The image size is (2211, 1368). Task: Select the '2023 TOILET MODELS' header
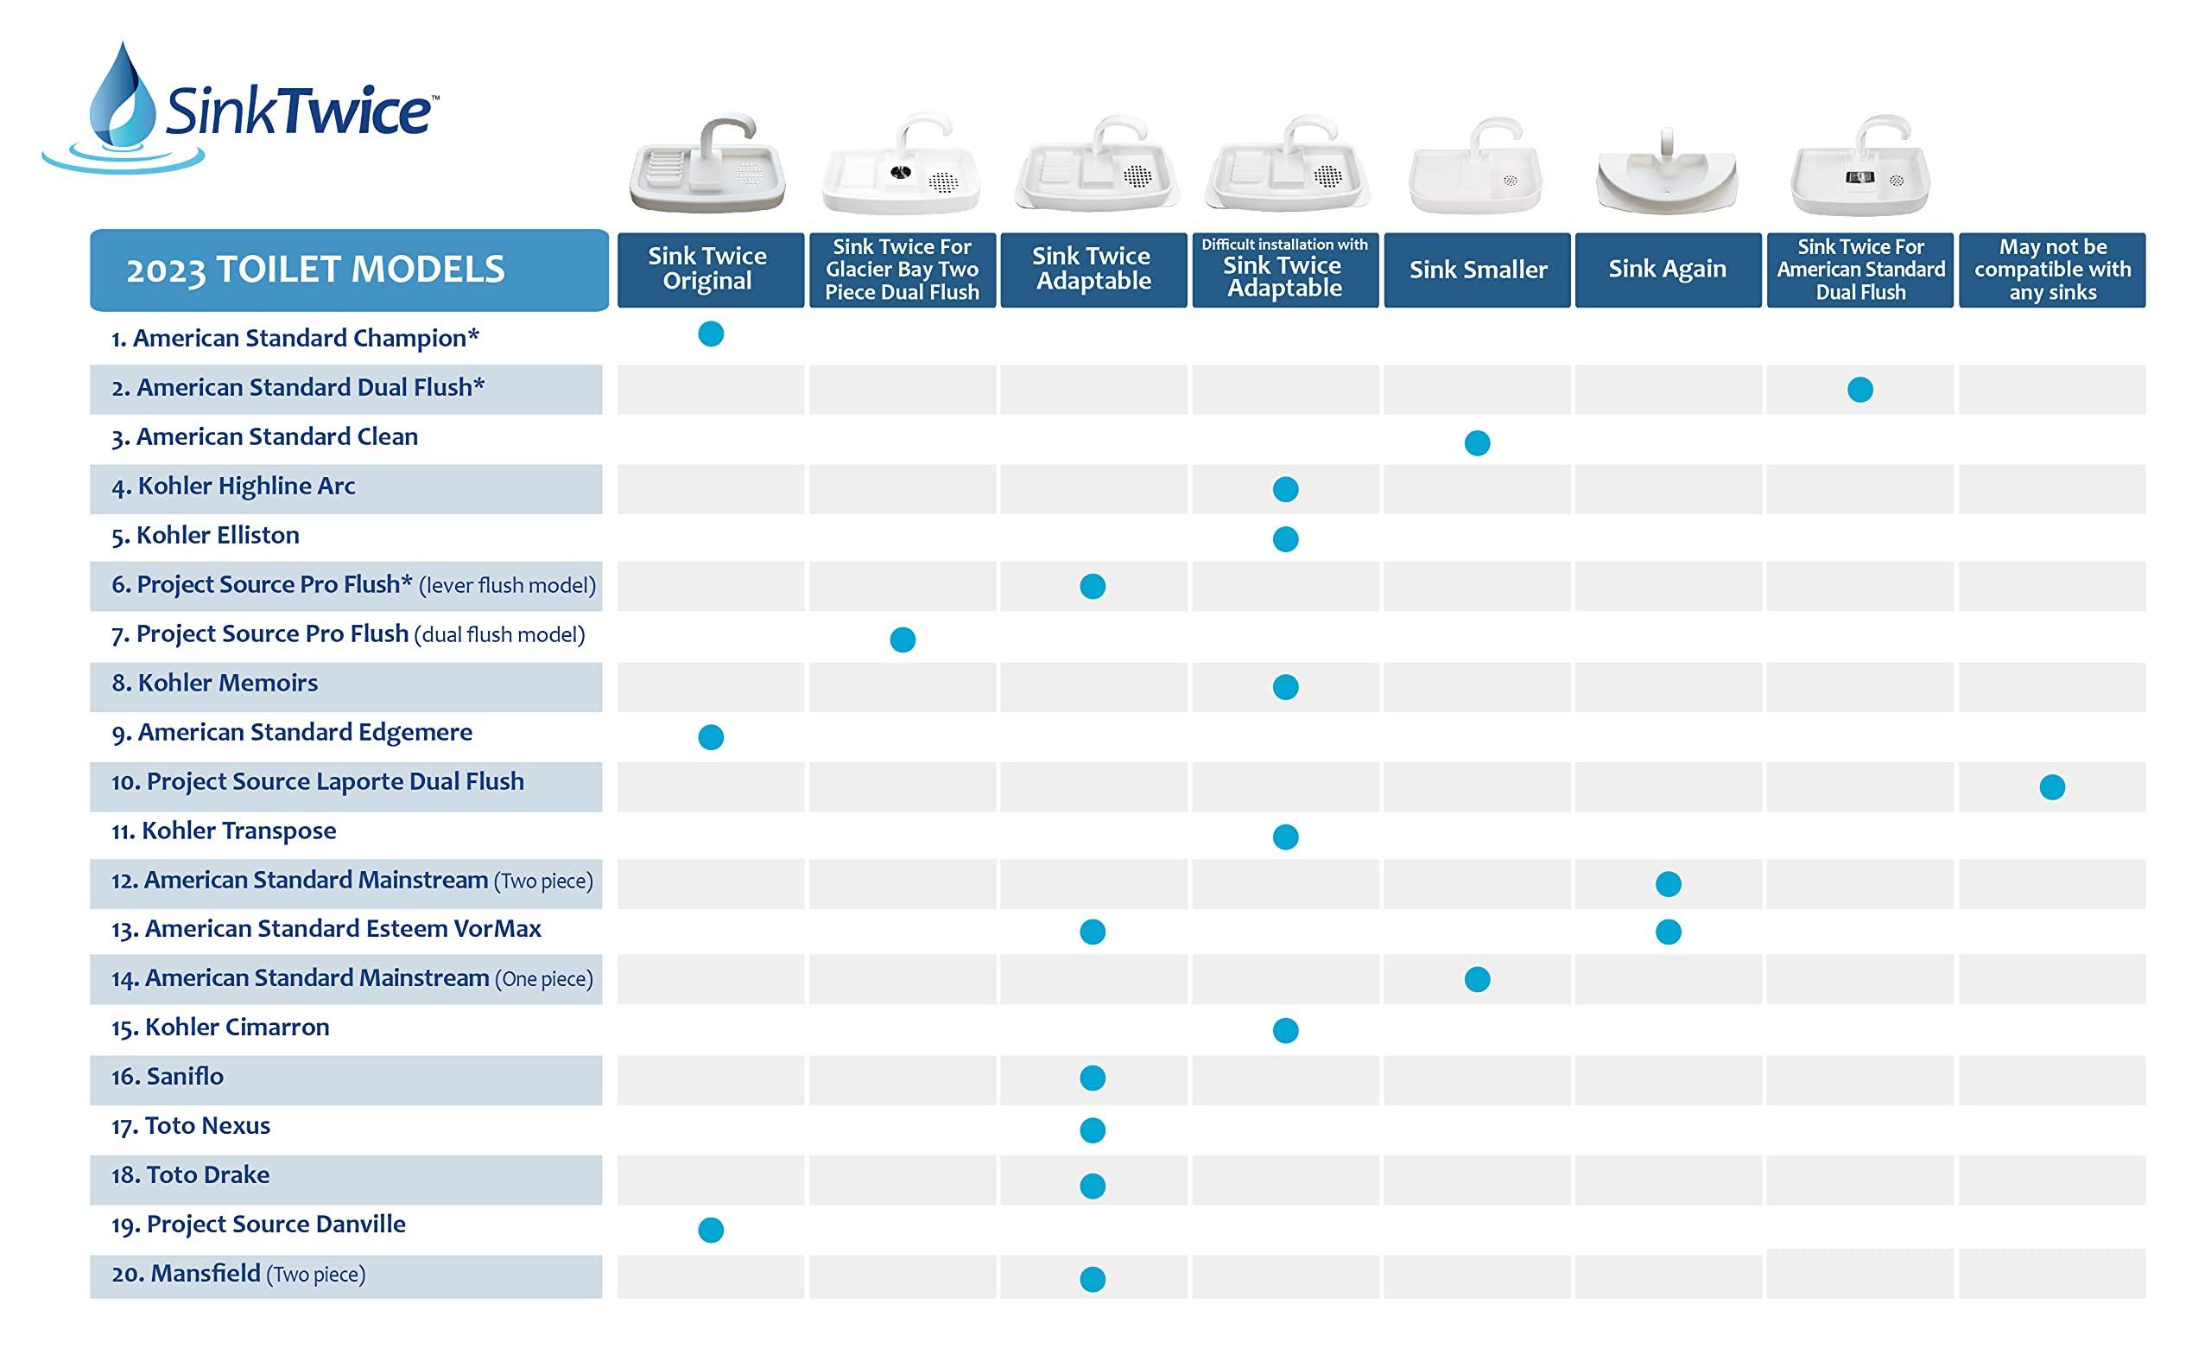pos(348,270)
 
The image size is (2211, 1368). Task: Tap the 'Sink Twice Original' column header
pos(710,270)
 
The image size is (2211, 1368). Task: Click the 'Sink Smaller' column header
pos(1477,270)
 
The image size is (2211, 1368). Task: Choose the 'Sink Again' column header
pos(1668,270)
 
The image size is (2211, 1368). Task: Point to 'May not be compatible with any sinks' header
pos(2052,270)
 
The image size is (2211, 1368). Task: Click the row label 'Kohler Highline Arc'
pos(246,487)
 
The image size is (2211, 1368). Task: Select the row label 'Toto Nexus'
pos(207,1126)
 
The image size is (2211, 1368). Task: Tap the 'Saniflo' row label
pos(185,1077)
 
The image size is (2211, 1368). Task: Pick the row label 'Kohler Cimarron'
pos(237,1028)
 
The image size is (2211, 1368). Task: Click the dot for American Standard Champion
pos(711,334)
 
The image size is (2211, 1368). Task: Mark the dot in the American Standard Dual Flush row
pos(1860,390)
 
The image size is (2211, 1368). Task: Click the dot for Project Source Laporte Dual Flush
pos(2052,787)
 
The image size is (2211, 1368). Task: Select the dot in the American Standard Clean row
pos(1477,443)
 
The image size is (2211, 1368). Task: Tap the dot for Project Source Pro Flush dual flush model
pos(903,639)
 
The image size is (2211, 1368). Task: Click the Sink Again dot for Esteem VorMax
pos(1669,932)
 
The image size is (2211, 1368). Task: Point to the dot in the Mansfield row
pos(1093,1279)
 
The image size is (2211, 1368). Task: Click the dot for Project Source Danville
pos(711,1230)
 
